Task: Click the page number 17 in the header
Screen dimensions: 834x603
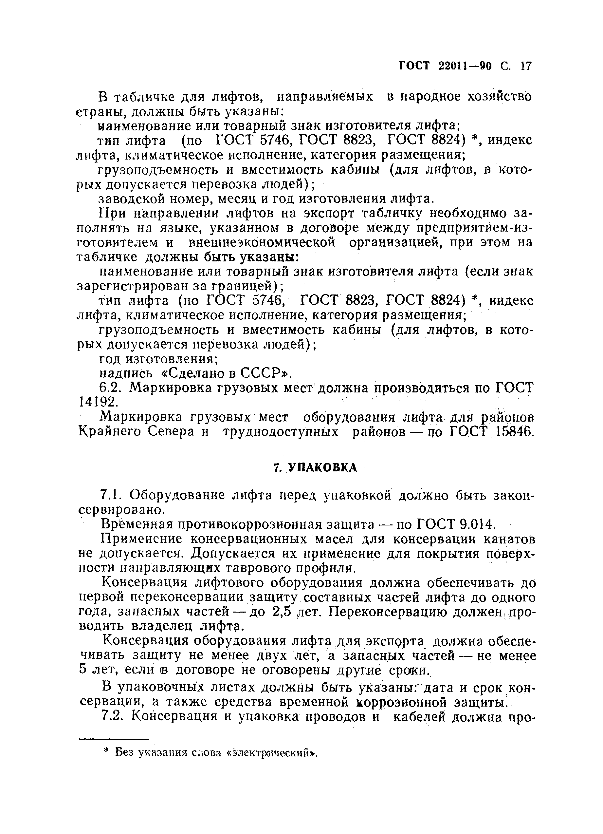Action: [526, 66]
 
